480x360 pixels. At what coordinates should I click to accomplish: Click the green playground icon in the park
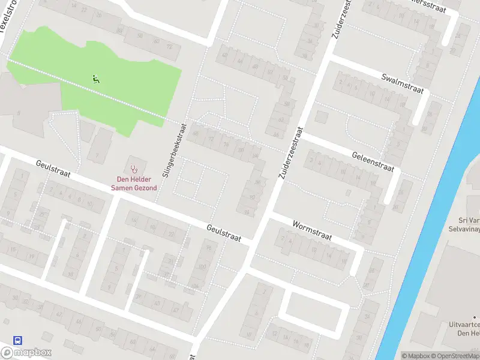[95, 79]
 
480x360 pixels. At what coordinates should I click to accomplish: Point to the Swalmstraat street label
[402, 83]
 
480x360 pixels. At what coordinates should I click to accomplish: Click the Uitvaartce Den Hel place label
[464, 328]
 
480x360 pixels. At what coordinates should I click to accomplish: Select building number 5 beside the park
[19, 112]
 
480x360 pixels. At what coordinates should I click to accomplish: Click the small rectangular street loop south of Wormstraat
[313, 308]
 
